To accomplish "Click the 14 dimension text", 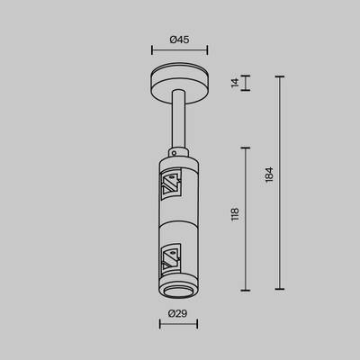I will click(235, 83).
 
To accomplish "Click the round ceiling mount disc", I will click(180, 83).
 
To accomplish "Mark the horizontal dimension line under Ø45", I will click(180, 51).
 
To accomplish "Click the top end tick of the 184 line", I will click(281, 76).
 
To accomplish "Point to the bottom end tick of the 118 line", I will click(247, 290).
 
